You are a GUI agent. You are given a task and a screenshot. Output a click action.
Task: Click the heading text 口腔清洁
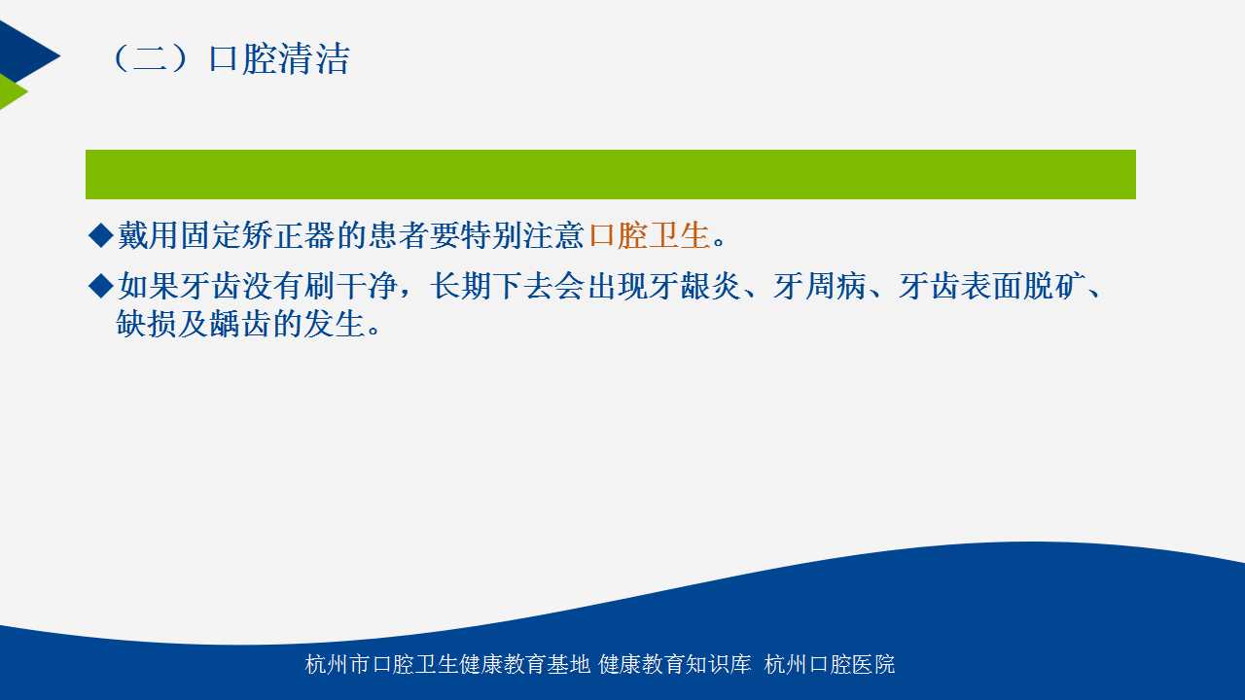tap(279, 58)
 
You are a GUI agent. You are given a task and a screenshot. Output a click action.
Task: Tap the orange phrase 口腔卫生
tap(649, 235)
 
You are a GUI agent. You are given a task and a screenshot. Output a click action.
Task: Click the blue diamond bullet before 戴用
tap(100, 235)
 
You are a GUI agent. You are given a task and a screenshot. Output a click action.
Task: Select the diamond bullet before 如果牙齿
tap(100, 286)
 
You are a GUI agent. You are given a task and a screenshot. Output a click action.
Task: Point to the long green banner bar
tap(610, 174)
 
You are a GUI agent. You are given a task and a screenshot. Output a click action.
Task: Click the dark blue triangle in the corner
tap(25, 53)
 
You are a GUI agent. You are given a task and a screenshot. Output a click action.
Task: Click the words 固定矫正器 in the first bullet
tap(258, 235)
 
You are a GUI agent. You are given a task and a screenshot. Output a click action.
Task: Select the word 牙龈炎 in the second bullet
tap(694, 286)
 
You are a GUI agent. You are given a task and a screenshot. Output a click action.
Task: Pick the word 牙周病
tap(819, 286)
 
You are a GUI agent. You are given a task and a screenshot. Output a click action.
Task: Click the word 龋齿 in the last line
tap(240, 323)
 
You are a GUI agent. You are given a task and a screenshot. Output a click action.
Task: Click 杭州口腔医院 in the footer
tap(830, 664)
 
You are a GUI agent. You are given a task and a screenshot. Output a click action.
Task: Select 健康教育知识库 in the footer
tap(675, 664)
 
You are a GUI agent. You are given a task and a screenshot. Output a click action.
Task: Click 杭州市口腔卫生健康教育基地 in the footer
tap(447, 664)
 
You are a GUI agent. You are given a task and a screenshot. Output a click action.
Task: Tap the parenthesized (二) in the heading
tap(150, 58)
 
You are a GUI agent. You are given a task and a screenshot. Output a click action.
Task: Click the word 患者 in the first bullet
tap(398, 235)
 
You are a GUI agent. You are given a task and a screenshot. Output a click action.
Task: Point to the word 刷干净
tap(350, 286)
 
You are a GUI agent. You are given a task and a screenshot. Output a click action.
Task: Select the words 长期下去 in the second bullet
tap(492, 286)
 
